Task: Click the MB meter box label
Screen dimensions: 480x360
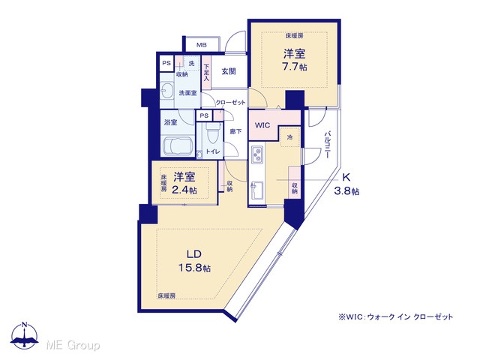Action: click(202, 45)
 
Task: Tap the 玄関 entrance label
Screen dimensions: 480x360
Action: click(229, 71)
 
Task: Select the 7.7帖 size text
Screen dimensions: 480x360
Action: click(295, 67)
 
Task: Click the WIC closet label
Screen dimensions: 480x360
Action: click(262, 125)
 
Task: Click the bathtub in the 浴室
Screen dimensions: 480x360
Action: click(178, 146)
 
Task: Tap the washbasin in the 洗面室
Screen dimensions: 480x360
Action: click(166, 90)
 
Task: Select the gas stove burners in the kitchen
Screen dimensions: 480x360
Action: click(256, 154)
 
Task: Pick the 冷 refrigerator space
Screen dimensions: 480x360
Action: click(289, 137)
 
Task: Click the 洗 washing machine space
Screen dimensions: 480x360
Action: click(191, 64)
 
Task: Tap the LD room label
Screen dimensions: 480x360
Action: click(194, 254)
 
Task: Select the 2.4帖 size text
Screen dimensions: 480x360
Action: click(184, 190)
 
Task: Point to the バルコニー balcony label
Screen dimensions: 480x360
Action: click(328, 145)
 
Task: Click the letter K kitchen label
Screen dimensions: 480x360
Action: click(346, 178)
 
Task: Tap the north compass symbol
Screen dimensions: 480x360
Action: click(25, 335)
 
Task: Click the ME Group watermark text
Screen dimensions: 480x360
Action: click(73, 345)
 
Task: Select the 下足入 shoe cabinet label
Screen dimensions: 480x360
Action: click(206, 72)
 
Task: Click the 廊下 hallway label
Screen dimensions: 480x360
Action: click(235, 132)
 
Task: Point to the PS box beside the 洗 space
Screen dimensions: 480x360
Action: click(166, 63)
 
